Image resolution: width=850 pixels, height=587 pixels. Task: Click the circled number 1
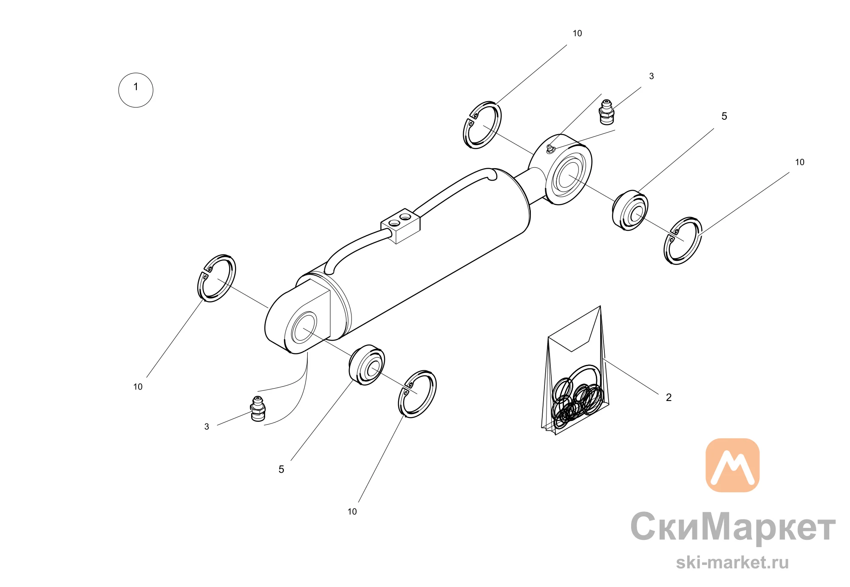point(136,90)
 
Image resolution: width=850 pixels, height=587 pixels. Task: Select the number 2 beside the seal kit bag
point(669,397)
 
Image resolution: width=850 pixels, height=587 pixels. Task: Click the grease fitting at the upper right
point(606,112)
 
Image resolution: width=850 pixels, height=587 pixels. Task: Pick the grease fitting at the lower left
point(258,409)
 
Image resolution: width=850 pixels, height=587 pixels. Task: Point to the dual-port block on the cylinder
point(400,226)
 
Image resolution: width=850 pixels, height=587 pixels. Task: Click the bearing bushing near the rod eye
point(630,210)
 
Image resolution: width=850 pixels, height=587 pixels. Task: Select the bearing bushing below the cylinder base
point(367,365)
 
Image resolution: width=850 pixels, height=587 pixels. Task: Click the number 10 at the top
point(577,34)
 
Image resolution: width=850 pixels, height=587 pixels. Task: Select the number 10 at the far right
point(800,162)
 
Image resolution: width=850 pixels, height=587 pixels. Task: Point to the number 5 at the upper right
point(724,116)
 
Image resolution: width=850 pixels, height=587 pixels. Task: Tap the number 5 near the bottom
point(281,469)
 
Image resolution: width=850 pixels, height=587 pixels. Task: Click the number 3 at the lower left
point(207,426)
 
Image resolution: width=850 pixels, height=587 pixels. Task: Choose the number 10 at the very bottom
point(352,512)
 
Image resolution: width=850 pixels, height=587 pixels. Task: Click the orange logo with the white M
point(732,465)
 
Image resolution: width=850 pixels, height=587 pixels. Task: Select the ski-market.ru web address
point(732,562)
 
